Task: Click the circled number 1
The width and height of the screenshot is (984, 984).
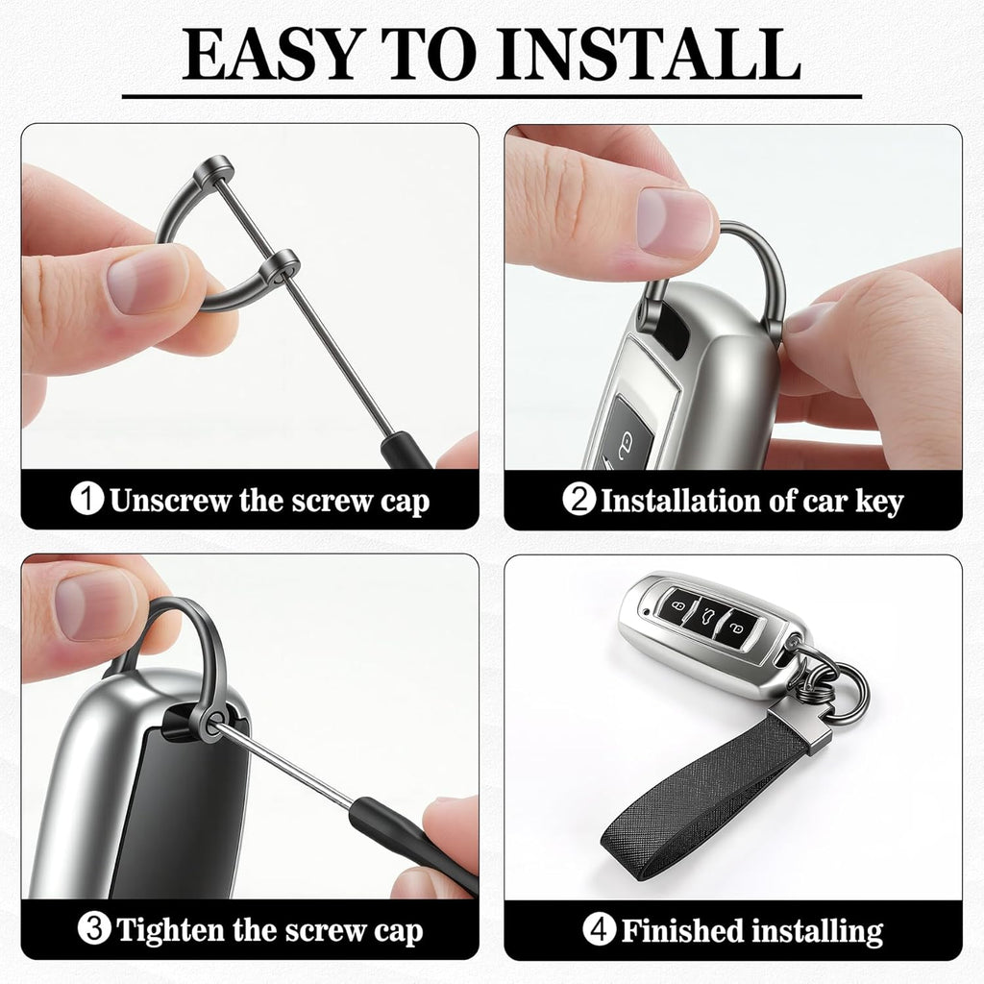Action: pos(86,499)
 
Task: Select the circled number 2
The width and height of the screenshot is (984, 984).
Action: pos(578,500)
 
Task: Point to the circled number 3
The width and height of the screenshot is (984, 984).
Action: pos(94,929)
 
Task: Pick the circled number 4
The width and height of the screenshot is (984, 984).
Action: pos(599,929)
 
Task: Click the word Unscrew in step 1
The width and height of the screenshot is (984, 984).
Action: pos(171,501)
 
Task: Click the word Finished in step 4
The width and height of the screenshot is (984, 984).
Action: pos(682,930)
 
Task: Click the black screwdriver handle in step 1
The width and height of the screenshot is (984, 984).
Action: pos(405,451)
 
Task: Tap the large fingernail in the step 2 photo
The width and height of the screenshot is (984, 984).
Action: pos(674,223)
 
